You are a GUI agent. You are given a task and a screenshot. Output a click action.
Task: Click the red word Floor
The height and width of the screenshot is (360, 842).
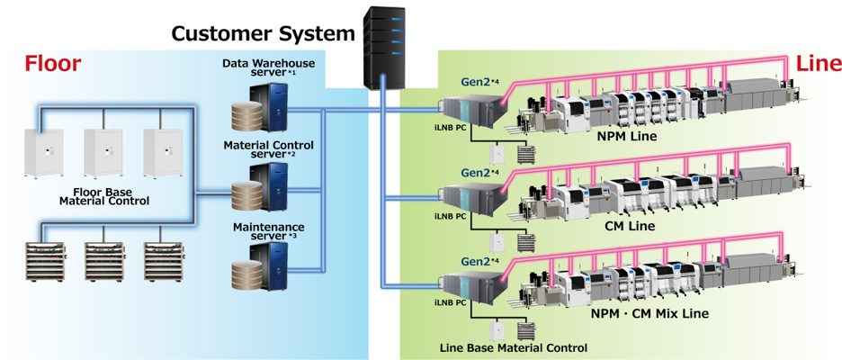[52, 63]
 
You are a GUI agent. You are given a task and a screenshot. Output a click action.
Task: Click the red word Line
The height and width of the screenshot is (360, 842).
[819, 63]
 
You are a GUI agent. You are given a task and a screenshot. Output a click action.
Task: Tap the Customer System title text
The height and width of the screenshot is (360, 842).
[263, 34]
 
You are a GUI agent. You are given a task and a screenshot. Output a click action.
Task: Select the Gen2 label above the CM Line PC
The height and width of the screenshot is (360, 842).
[479, 172]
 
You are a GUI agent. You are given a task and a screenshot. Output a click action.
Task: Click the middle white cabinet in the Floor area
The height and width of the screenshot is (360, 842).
[102, 155]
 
